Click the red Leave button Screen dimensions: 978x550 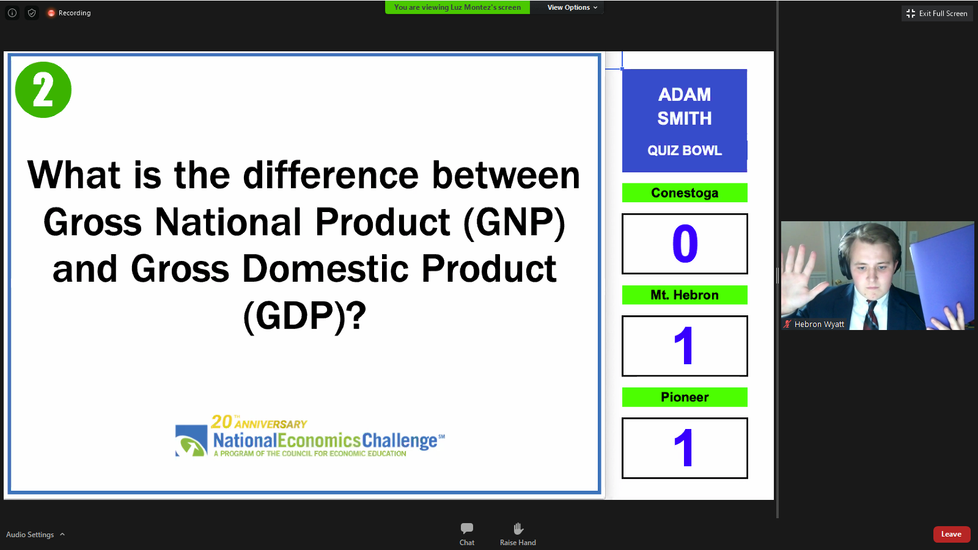[x=951, y=534]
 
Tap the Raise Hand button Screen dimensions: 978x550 [x=518, y=534]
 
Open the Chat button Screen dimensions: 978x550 [x=467, y=534]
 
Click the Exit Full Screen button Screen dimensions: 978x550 [x=937, y=13]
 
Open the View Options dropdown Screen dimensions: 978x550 [x=572, y=7]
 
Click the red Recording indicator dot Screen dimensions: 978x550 [x=51, y=13]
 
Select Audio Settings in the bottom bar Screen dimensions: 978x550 [x=35, y=534]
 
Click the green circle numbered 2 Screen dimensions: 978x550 [x=43, y=89]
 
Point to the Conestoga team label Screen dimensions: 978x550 [x=685, y=193]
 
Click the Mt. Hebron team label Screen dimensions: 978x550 [x=685, y=295]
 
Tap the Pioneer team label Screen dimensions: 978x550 [x=685, y=397]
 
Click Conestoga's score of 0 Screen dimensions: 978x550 [x=685, y=244]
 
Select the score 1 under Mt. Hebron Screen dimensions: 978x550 [x=685, y=346]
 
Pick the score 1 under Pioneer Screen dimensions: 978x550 [x=685, y=448]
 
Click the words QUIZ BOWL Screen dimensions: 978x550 [x=685, y=150]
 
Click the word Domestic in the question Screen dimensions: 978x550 [x=325, y=268]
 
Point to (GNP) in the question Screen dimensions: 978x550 [x=514, y=222]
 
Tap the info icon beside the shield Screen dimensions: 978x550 [x=12, y=13]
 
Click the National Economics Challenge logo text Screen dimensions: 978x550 [x=325, y=441]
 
